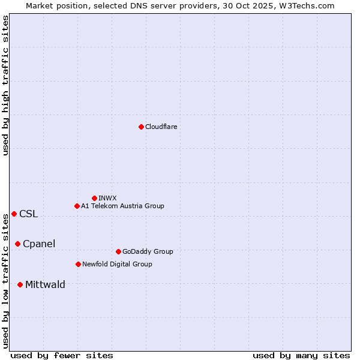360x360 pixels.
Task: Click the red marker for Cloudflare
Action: [x=141, y=127]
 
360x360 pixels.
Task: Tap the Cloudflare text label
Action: [x=161, y=127]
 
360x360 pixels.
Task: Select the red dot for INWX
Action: [x=94, y=198]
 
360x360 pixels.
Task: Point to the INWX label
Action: [x=107, y=198]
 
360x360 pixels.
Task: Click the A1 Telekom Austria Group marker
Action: [x=77, y=206]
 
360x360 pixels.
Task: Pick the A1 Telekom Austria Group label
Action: [x=122, y=206]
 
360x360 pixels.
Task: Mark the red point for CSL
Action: [x=14, y=214]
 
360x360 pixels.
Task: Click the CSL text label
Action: [x=28, y=214]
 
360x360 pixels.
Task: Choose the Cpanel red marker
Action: [x=17, y=244]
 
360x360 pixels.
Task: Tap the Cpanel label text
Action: [x=39, y=244]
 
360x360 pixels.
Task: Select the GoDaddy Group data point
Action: [x=118, y=251]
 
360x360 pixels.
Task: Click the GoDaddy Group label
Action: [x=148, y=251]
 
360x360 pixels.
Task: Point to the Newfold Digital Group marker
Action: [x=78, y=264]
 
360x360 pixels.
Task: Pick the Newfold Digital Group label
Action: [x=117, y=264]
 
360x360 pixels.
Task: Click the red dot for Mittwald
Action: [x=20, y=284]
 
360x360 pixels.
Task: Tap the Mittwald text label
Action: [x=45, y=285]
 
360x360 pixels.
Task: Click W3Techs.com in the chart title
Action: [x=310, y=5]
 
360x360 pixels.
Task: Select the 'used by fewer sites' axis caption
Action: [x=62, y=355]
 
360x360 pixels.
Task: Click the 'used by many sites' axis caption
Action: [x=301, y=355]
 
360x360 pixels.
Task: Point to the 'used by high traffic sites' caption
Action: [x=5, y=85]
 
